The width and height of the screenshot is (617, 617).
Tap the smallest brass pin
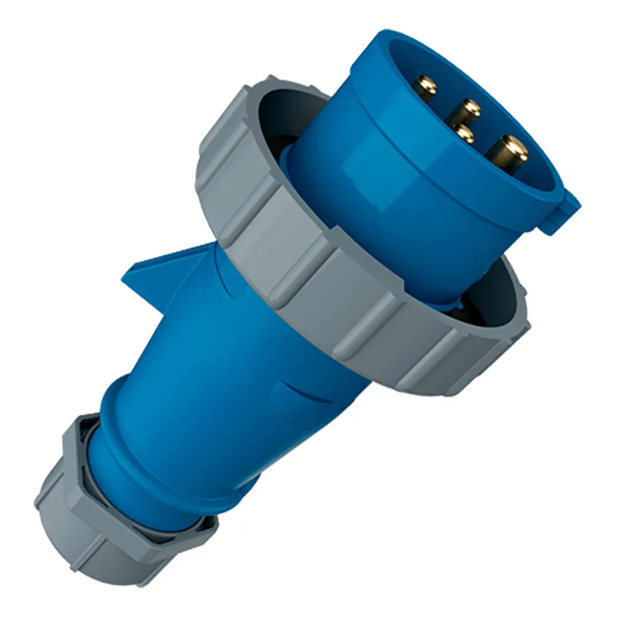pos(463,133)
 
